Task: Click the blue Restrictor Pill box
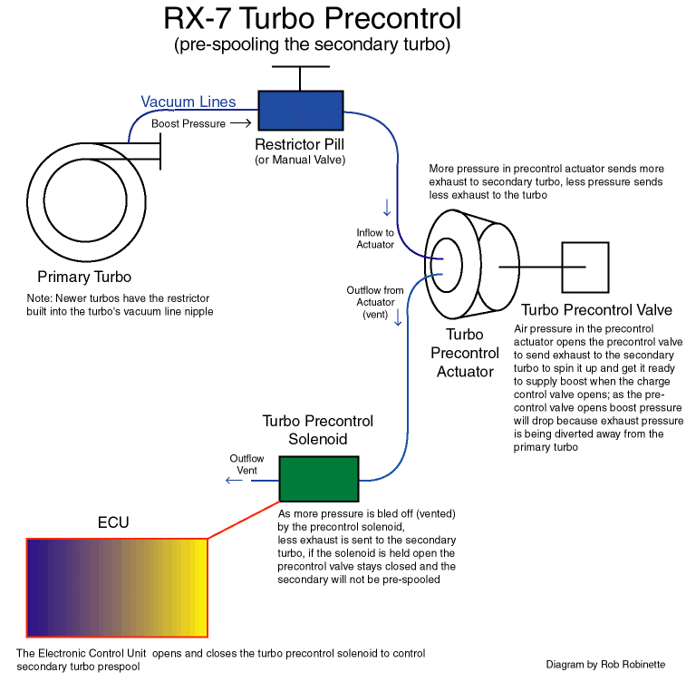point(301,109)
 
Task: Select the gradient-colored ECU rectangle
point(117,588)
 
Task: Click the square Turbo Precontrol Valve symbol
point(585,267)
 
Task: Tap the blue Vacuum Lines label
point(188,102)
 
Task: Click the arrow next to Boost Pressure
point(240,123)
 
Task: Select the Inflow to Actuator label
point(375,239)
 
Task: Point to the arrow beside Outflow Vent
point(234,480)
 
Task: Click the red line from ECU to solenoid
point(243,520)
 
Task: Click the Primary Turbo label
point(84,277)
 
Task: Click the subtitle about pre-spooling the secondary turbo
point(312,44)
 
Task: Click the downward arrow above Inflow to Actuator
point(387,209)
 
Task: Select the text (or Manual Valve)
point(300,161)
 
